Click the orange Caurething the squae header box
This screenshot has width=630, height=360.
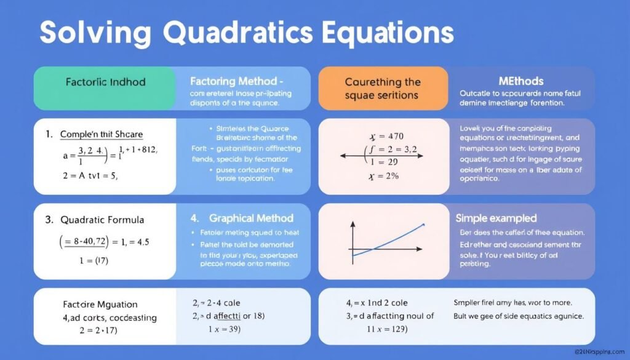point(383,88)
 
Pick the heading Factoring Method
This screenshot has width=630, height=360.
point(236,81)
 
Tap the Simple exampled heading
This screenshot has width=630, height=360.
point(496,218)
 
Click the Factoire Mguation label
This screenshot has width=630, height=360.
point(100,304)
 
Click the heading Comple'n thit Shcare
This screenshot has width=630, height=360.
point(102,134)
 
